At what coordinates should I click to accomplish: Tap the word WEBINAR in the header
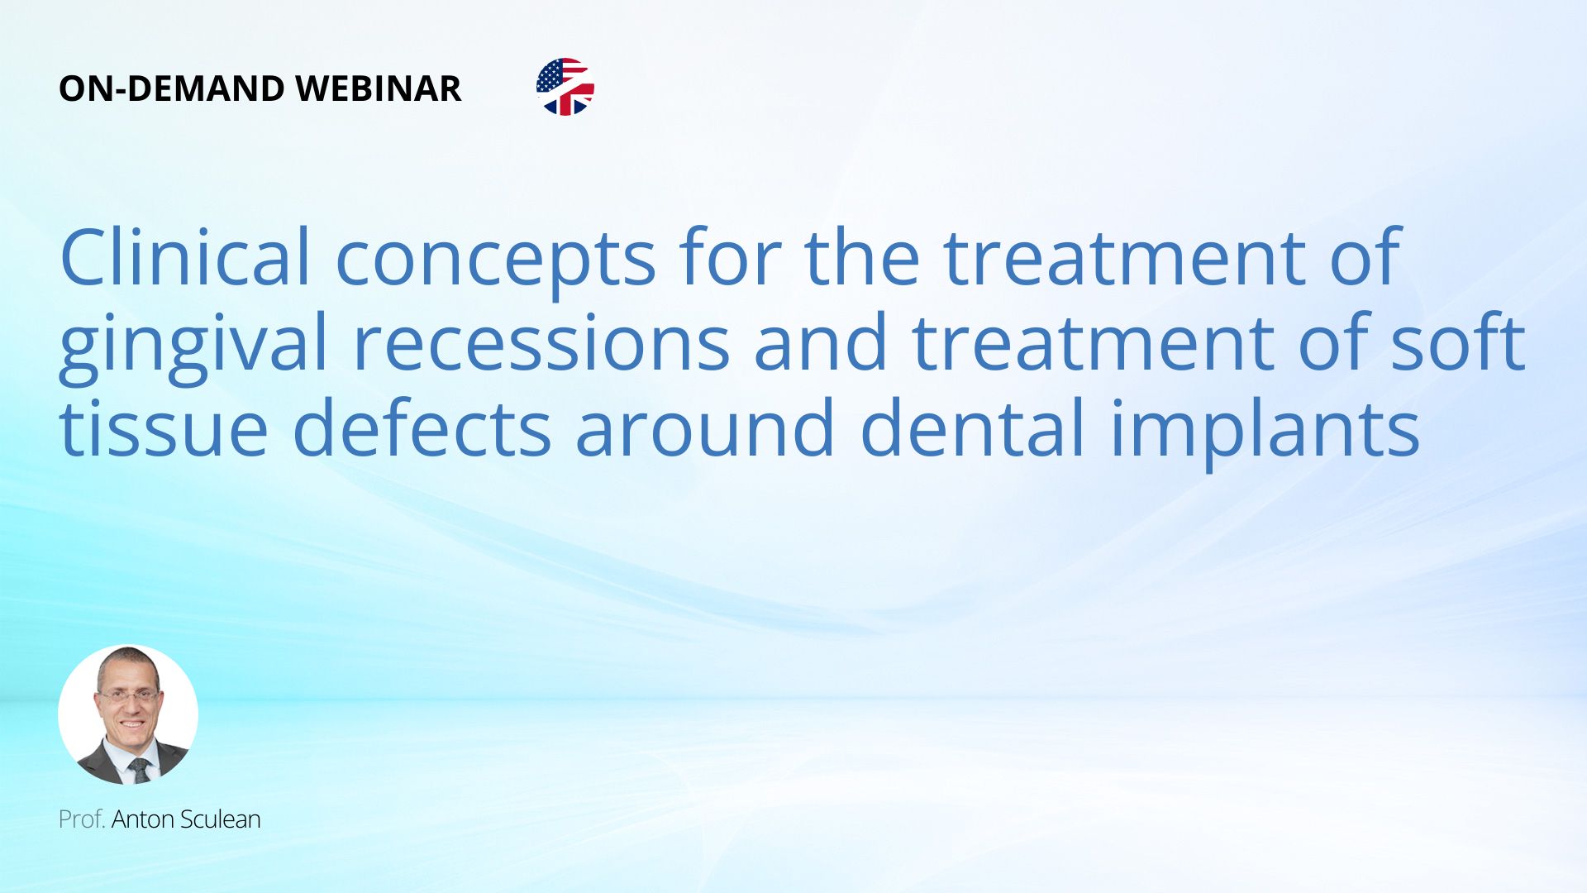pos(378,88)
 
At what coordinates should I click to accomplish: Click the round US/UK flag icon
pos(565,87)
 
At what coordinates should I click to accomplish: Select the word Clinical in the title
pos(185,256)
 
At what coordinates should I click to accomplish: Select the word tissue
pos(164,428)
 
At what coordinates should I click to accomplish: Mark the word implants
pos(1265,433)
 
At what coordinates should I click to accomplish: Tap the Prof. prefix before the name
pos(81,819)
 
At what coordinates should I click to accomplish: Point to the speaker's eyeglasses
pos(128,697)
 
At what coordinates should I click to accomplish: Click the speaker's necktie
pos(140,770)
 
